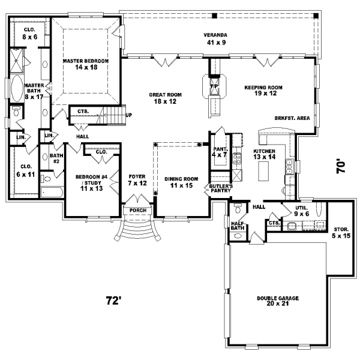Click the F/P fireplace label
(214, 87)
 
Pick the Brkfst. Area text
(292, 118)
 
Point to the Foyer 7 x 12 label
(137, 179)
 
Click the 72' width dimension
(113, 299)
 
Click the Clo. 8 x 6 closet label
(30, 33)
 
